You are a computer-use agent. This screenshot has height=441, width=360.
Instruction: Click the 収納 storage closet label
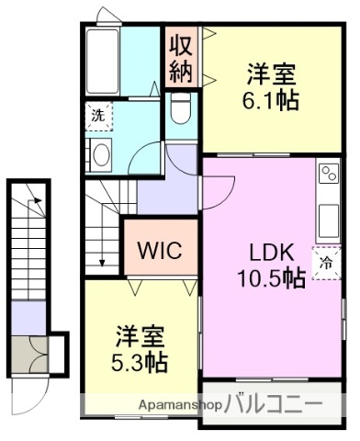coord(180,58)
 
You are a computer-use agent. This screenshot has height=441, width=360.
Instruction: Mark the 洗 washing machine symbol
coord(96,115)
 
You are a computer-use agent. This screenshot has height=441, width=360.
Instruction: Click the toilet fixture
coord(181,111)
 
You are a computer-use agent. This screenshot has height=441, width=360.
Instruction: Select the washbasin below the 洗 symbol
coord(100,153)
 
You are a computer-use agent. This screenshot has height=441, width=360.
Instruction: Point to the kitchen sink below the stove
coord(328,218)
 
